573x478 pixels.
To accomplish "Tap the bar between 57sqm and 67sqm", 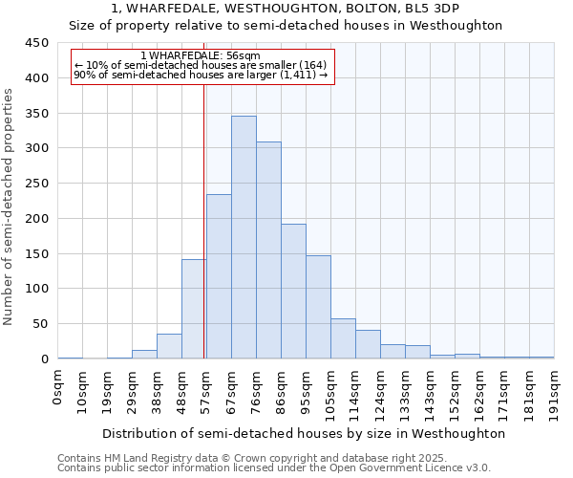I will (219, 276).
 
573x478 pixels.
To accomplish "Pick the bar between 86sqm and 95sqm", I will (293, 292).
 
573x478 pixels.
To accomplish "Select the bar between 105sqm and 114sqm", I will (343, 338).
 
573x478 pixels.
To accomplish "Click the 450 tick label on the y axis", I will (36, 43).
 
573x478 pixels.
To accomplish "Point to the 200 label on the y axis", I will (36, 219).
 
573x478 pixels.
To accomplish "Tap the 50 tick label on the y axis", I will (40, 324).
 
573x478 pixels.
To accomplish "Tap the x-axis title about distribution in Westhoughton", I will (304, 433).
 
